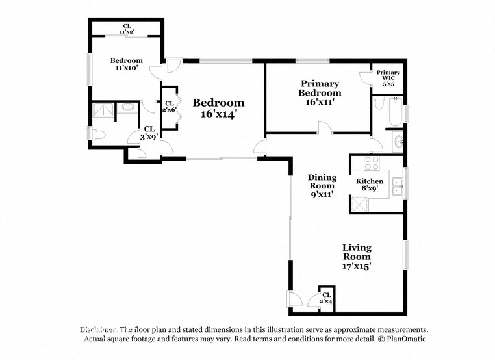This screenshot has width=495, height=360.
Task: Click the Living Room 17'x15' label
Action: coord(357,257)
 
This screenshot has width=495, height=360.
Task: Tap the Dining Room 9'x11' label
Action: coord(322,185)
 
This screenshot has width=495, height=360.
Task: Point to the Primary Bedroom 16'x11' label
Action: coord(320,93)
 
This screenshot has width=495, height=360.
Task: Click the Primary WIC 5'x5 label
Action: coord(388,78)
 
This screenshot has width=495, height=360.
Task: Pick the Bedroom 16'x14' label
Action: coord(219,108)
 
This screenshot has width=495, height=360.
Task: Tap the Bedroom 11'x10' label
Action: coord(126,64)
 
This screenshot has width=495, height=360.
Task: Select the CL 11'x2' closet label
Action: coord(126,29)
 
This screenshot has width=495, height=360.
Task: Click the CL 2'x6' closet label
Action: coord(169,107)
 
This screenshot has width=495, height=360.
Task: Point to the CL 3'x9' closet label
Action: coord(149,133)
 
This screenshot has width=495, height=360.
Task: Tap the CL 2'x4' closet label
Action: coord(326,298)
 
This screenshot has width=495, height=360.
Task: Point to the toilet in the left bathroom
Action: coord(97,135)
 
